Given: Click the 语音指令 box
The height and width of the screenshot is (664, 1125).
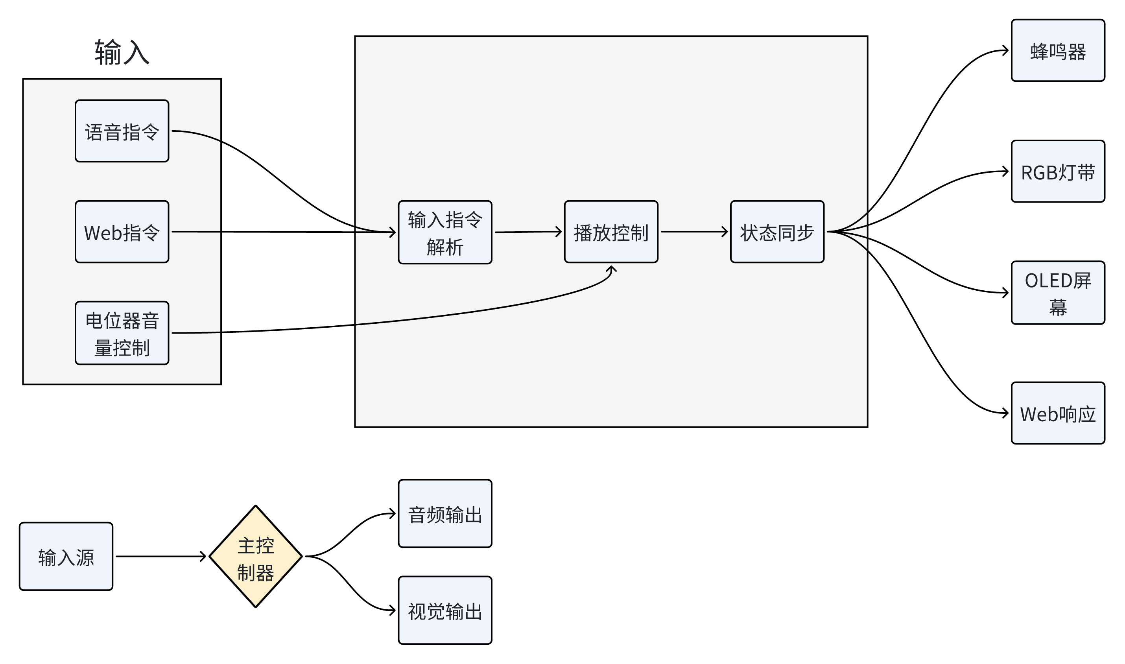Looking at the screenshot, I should click(122, 131).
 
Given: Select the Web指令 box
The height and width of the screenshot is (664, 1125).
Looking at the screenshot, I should click(122, 232).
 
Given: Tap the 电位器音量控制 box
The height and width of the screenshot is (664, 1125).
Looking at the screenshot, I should click(122, 333).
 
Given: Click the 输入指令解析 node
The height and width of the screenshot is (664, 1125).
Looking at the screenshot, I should click(444, 232).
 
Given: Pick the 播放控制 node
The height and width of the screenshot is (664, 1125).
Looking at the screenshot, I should click(610, 232).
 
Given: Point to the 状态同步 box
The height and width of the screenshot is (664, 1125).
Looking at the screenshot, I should click(776, 232).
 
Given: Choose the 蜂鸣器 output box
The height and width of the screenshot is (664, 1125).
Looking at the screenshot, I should click(1057, 51).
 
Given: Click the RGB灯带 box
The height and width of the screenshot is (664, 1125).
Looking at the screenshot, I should click(1057, 172).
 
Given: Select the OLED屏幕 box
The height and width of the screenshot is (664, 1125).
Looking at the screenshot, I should click(1057, 293).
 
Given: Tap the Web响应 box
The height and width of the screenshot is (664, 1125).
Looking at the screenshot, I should click(1057, 413).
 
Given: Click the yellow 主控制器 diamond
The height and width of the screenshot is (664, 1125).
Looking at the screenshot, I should click(255, 557).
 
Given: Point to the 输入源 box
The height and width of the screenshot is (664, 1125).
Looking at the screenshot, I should click(66, 557).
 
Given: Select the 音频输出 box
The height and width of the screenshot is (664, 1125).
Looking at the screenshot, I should click(444, 514).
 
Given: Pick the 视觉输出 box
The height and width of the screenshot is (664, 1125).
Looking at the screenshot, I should click(444, 611).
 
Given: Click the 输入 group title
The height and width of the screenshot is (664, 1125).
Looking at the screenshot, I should click(122, 52).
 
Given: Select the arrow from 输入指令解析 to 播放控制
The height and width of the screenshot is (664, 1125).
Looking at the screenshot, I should click(528, 232).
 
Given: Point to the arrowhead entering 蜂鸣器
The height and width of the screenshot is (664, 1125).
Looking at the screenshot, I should click(1005, 51).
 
